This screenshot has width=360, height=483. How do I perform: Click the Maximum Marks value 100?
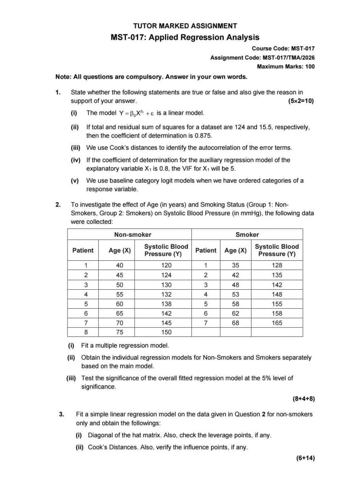coord(310,66)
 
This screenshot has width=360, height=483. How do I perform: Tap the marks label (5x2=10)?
coord(301,101)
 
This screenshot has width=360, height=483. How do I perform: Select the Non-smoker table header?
coord(133,234)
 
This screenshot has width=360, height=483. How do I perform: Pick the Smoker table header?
coord(247,234)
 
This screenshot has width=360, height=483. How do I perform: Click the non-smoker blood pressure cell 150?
coord(166,332)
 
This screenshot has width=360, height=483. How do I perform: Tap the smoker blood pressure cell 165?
coord(277,322)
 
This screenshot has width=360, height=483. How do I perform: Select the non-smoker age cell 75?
coord(120,332)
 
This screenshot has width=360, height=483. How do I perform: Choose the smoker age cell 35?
coord(235,265)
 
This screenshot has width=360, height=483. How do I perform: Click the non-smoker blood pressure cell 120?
coord(166,265)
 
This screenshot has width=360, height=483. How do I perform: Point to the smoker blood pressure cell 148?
coord(277,294)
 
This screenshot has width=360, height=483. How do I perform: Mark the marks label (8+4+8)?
coord(304,399)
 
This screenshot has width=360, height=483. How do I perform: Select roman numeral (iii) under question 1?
coord(76,148)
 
